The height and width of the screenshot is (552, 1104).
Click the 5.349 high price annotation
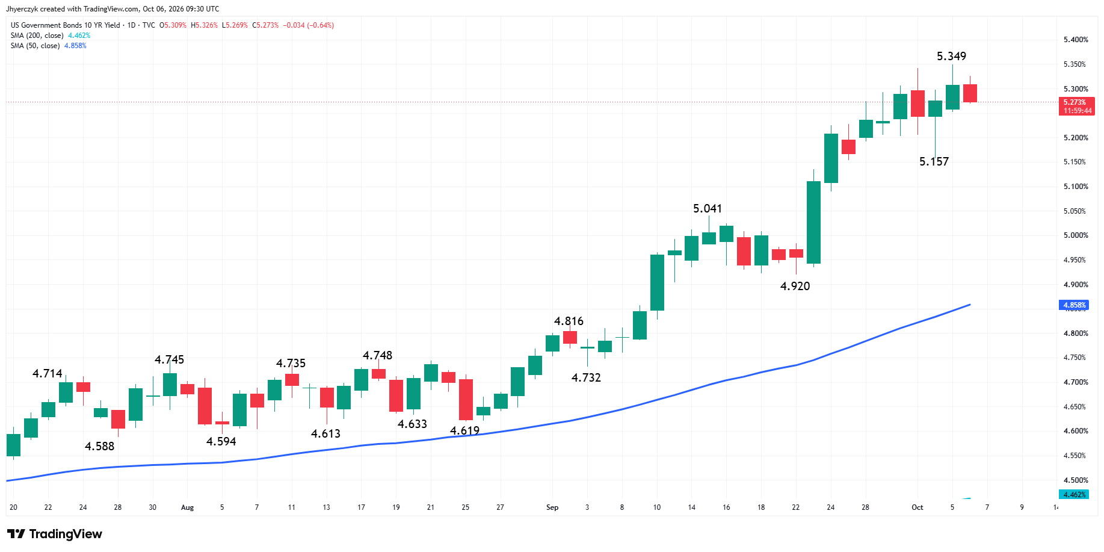[951, 56]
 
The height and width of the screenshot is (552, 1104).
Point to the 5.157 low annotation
[934, 161]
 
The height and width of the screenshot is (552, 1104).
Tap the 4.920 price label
[795, 286]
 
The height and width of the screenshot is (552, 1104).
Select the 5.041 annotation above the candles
[707, 208]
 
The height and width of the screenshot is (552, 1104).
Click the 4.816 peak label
[569, 321]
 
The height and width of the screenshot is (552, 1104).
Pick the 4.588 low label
[99, 446]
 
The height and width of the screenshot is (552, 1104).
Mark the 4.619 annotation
[464, 430]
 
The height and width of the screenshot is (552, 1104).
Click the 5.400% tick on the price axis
[1076, 40]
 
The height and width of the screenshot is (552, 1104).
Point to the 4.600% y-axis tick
[1076, 431]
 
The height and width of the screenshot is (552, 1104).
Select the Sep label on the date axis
[552, 507]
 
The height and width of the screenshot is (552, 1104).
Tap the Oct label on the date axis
[917, 507]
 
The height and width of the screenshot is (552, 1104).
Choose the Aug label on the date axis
[188, 507]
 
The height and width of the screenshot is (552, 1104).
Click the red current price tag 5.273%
[1076, 107]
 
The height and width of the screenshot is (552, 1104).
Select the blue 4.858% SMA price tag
[1073, 305]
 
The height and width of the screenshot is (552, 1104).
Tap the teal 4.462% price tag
[1073, 495]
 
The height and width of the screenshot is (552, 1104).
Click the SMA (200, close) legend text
[37, 36]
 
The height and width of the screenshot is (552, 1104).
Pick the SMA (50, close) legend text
[35, 46]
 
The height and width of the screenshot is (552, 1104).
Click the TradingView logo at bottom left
[55, 534]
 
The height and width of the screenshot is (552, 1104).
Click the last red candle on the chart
[970, 93]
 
